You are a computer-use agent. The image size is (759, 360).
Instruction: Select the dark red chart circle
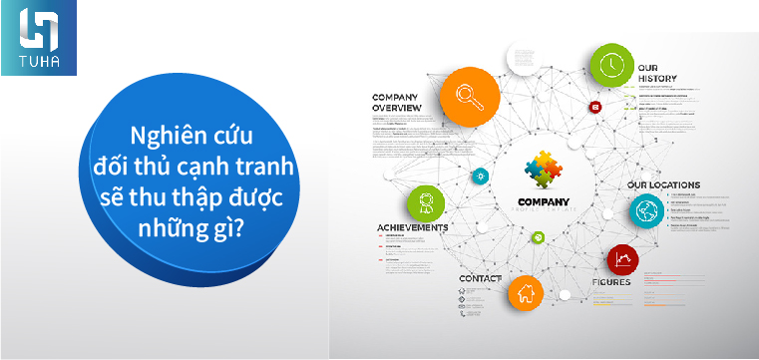pyautogui.click(x=623, y=261)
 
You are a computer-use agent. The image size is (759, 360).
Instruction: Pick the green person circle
pyautogui.click(x=426, y=203)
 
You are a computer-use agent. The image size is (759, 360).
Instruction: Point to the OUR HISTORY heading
pyautogui.click(x=658, y=72)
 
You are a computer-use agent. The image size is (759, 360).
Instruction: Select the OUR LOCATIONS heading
pyautogui.click(x=663, y=185)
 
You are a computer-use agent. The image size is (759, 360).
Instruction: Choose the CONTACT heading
pyautogui.click(x=481, y=277)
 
